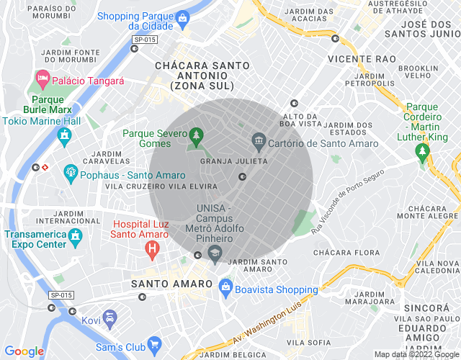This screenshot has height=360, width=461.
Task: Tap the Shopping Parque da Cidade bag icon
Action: [x=183, y=16]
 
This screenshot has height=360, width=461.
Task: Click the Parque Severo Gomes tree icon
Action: [x=196, y=135]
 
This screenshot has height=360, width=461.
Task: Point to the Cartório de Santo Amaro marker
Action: [x=258, y=139]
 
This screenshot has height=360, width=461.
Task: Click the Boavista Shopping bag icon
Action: [x=226, y=286]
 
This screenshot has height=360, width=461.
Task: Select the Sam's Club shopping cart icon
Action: [x=153, y=345]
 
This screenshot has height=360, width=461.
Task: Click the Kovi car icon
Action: [x=109, y=317]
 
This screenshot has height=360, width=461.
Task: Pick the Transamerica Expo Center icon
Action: [x=74, y=235]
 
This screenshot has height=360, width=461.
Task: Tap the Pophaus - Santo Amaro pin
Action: [x=71, y=171]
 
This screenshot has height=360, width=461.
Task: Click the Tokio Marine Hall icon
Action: [x=66, y=135]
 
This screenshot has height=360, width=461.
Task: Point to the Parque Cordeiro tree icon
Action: [x=422, y=151]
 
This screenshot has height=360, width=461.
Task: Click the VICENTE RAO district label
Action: [x=359, y=58]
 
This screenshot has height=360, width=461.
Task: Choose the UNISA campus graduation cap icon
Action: [x=215, y=252]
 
